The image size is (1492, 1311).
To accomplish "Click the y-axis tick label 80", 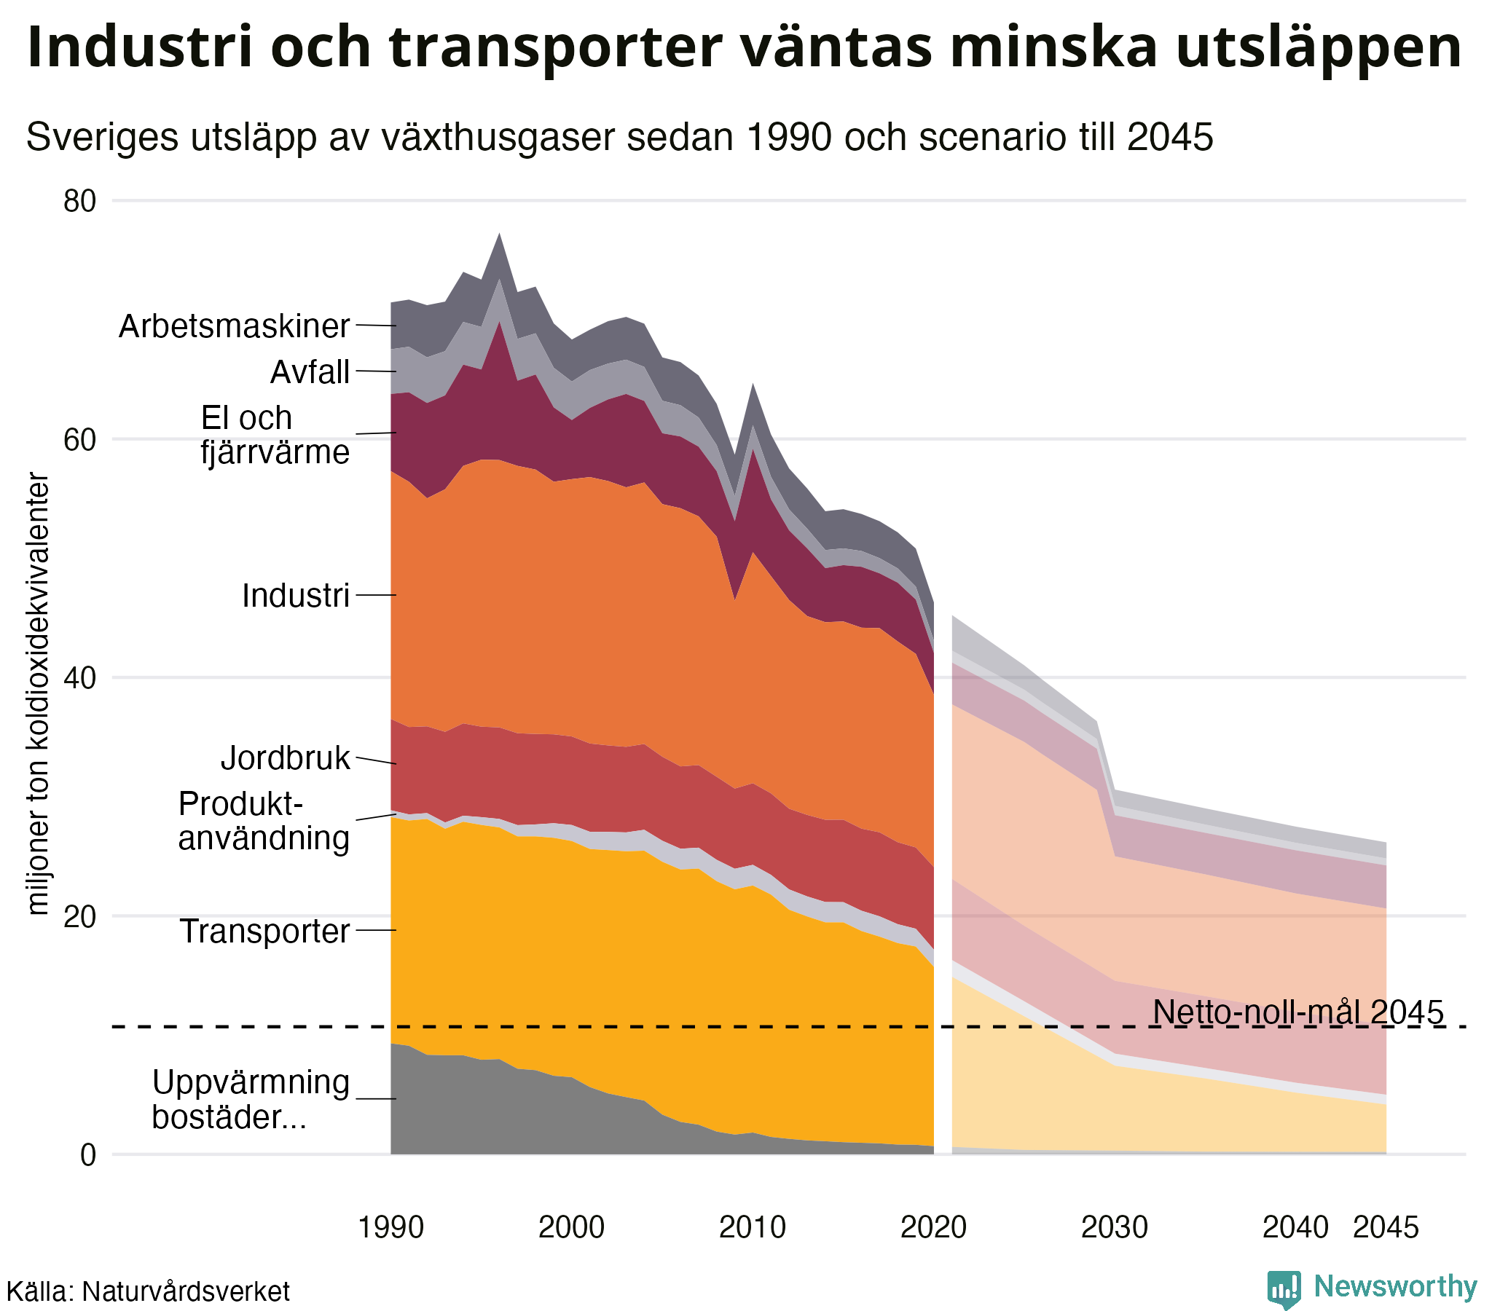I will click(x=79, y=201).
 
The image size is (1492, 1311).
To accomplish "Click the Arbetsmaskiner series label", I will click(x=235, y=326).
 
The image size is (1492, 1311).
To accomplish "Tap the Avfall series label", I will click(x=310, y=372).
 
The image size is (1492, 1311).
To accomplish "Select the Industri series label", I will click(x=296, y=596).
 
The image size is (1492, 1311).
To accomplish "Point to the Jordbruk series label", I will click(x=286, y=758).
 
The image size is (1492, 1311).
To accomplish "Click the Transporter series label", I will click(x=265, y=932).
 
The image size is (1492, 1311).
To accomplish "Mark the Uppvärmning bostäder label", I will click(x=251, y=1099).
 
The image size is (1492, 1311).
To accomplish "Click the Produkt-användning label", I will click(x=264, y=822).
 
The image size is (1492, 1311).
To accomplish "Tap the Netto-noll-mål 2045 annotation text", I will click(x=1297, y=1012).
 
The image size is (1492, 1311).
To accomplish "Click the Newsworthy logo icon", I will click(x=1283, y=1288).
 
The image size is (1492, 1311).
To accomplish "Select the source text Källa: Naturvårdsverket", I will click(x=147, y=1291).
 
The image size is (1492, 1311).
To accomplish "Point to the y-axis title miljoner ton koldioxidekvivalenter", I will click(x=38, y=693).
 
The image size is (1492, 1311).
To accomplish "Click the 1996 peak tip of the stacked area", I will click(x=499, y=235).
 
